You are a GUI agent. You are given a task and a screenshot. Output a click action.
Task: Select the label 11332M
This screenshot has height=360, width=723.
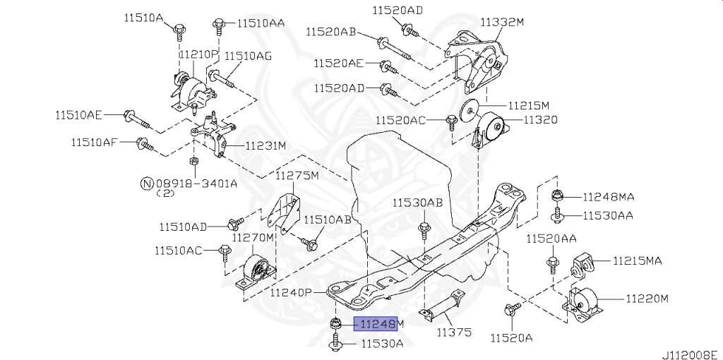click(502, 23)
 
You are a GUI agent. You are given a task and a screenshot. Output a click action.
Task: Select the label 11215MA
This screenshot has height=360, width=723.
click(637, 261)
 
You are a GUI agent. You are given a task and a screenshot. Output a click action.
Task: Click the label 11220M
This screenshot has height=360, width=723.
click(646, 299)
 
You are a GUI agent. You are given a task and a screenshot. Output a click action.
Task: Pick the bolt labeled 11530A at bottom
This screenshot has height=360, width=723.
click(335, 344)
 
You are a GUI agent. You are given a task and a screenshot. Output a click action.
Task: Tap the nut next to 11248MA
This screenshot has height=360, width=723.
click(556, 197)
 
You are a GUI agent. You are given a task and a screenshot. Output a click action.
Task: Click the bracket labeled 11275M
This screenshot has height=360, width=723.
click(286, 212)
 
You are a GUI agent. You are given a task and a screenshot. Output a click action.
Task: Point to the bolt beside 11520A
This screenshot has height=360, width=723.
click(511, 308)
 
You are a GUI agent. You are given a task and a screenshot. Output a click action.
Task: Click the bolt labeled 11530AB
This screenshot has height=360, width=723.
click(424, 230)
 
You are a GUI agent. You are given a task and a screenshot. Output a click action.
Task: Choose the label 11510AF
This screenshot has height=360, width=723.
click(94, 143)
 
